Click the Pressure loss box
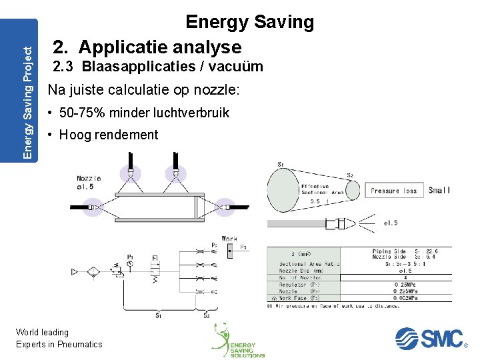click(393, 190)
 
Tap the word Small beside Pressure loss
click(439, 190)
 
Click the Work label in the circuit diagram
click(229, 238)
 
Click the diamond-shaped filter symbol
click(95, 271)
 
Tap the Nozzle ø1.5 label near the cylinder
click(89, 182)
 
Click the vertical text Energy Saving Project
click(27, 90)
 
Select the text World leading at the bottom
click(42, 332)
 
